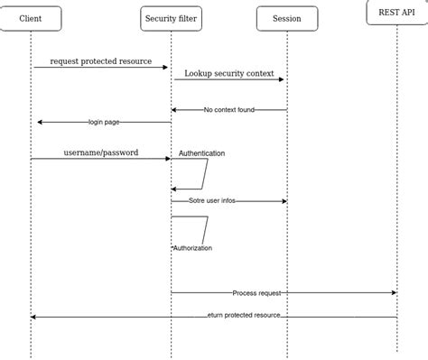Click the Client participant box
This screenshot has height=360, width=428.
tap(31, 18)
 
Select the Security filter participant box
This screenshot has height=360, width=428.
tap(172, 18)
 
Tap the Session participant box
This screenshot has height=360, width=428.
tap(286, 18)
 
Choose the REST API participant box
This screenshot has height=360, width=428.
tap(396, 13)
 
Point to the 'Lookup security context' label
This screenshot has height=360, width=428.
tap(228, 72)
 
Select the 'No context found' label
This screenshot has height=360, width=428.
tap(229, 109)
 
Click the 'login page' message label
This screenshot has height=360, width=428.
tap(103, 122)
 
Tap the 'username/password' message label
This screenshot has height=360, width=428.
tap(101, 152)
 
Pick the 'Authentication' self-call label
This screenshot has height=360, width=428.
tap(201, 153)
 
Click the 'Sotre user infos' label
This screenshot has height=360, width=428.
tap(212, 200)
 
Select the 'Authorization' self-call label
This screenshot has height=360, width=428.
tap(192, 247)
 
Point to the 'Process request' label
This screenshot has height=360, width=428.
tap(256, 292)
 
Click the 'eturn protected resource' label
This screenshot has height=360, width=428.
tap(244, 315)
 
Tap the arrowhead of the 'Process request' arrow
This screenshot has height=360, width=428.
tap(394, 292)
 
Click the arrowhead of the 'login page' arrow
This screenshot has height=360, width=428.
tap(40, 122)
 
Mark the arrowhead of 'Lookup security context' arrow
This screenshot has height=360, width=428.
tap(282, 79)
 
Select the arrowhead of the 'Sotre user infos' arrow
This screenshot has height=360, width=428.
tap(284, 201)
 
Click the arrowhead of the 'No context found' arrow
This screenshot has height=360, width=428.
tap(175, 110)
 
